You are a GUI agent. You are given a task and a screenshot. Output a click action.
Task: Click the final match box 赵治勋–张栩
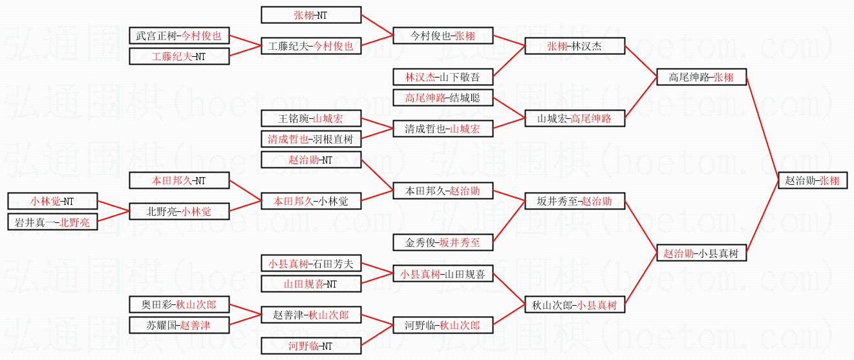(x=813, y=180)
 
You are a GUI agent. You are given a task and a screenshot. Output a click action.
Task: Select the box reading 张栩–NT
(x=311, y=15)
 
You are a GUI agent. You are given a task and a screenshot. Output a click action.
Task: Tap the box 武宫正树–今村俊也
(x=179, y=36)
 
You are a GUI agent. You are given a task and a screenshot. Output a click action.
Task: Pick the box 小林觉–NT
(x=52, y=201)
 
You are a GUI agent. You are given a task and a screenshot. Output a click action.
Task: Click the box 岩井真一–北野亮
(x=52, y=222)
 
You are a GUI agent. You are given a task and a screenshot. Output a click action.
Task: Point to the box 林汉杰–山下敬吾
(x=443, y=77)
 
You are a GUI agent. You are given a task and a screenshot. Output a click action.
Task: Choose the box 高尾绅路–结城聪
(x=443, y=98)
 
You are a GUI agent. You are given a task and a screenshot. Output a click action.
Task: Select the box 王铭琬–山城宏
(x=311, y=118)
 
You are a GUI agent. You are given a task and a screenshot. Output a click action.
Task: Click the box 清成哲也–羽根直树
(x=311, y=139)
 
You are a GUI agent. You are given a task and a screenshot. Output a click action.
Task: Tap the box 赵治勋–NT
(x=311, y=160)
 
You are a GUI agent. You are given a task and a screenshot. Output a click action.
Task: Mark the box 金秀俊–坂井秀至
(x=443, y=242)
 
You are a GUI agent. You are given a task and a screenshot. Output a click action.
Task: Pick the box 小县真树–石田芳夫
(x=311, y=263)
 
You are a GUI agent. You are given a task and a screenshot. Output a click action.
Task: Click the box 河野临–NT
(x=311, y=346)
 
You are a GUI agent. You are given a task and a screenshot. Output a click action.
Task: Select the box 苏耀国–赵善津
(x=179, y=325)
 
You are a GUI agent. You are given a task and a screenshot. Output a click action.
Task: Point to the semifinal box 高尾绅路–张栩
(x=701, y=77)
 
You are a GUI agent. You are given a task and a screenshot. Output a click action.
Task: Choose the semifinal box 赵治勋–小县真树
(x=701, y=253)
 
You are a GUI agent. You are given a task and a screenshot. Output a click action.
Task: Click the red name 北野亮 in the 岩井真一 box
(x=75, y=222)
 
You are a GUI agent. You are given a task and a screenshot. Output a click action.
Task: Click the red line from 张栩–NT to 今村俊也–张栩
(x=377, y=25)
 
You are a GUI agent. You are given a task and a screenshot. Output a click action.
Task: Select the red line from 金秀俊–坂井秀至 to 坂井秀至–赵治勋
(x=509, y=222)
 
